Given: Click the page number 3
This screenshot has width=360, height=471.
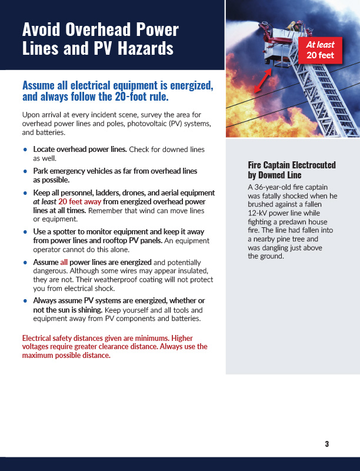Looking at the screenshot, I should (326, 444).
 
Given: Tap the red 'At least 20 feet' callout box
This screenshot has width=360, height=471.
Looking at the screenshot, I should (319, 51).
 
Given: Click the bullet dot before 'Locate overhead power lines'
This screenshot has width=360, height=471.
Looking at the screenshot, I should (25, 150).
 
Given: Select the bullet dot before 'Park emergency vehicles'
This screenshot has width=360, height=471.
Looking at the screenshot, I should (25, 171).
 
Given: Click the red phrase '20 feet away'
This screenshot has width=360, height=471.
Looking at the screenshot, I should (80, 201).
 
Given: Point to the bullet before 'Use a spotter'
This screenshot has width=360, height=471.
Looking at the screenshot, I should (25, 232).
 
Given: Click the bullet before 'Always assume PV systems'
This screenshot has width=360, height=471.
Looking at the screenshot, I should (25, 301).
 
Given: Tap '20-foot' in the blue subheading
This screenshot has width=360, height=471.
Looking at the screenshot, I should (133, 97).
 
